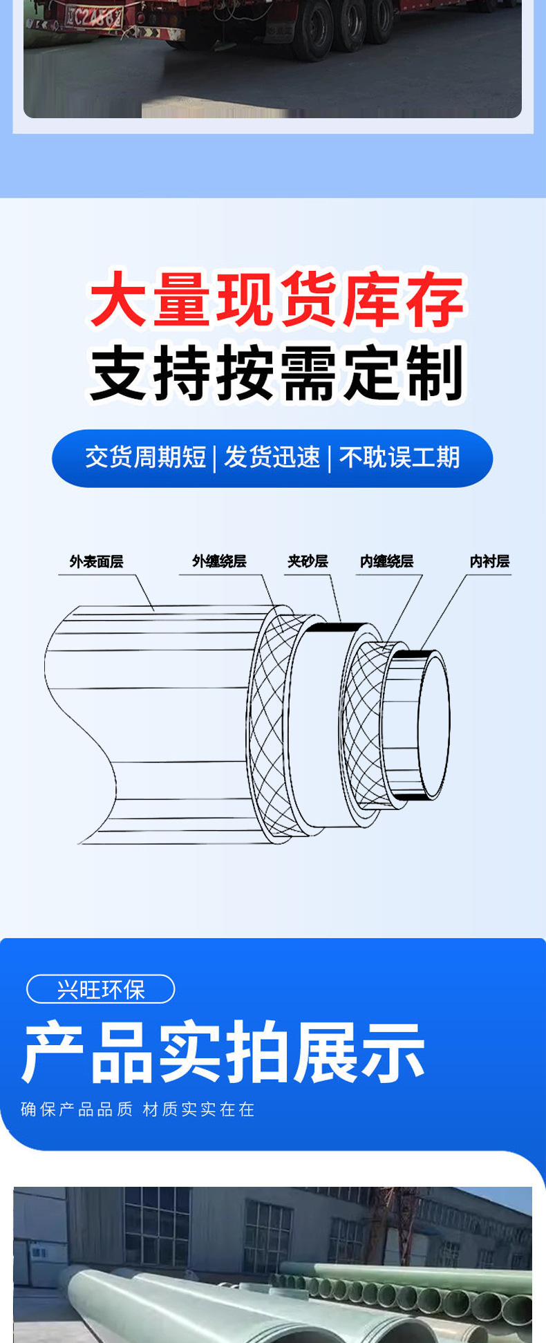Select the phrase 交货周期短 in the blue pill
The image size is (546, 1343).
click(x=146, y=458)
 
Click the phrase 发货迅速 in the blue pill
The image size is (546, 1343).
click(x=272, y=458)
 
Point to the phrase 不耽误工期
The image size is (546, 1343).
click(x=399, y=458)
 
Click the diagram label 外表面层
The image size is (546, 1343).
click(x=96, y=561)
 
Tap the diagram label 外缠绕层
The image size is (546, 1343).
click(x=219, y=561)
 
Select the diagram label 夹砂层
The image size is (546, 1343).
click(x=308, y=561)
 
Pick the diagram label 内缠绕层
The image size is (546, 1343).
click(x=386, y=561)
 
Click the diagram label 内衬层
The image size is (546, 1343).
click(x=489, y=561)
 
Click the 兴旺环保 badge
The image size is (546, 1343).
click(x=101, y=989)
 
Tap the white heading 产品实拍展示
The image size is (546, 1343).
click(x=224, y=1053)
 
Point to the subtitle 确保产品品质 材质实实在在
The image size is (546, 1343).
click(x=138, y=1109)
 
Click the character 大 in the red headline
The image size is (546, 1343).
click(x=117, y=300)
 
